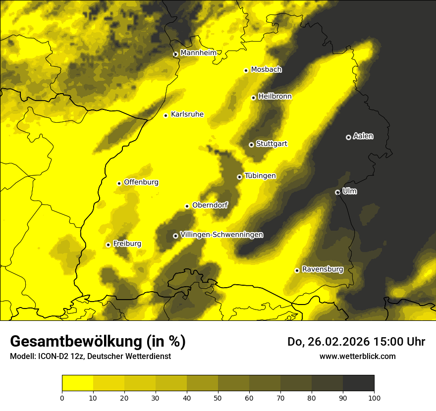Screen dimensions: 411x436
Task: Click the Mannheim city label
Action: [198, 53]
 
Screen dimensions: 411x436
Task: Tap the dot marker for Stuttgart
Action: [251, 145]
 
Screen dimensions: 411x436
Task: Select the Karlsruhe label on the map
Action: [187, 114]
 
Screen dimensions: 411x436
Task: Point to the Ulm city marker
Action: [337, 192]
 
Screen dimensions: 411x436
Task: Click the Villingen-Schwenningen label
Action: [221, 235]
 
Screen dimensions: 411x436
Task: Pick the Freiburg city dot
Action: [108, 245]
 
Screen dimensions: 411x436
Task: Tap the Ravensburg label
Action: [322, 269]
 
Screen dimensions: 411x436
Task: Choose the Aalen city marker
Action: [348, 137]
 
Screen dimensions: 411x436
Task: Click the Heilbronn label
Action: [275, 97]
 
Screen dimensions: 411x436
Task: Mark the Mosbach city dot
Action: [246, 70]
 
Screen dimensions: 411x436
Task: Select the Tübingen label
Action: [260, 176]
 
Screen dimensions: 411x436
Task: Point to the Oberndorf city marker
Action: [187, 206]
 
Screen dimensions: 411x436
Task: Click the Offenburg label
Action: [141, 182]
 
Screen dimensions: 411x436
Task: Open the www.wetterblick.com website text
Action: [357, 356]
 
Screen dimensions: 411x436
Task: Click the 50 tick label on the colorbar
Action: [218, 397]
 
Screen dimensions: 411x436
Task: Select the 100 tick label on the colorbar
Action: [374, 397]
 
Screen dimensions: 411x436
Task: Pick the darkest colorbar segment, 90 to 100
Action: [358, 383]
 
